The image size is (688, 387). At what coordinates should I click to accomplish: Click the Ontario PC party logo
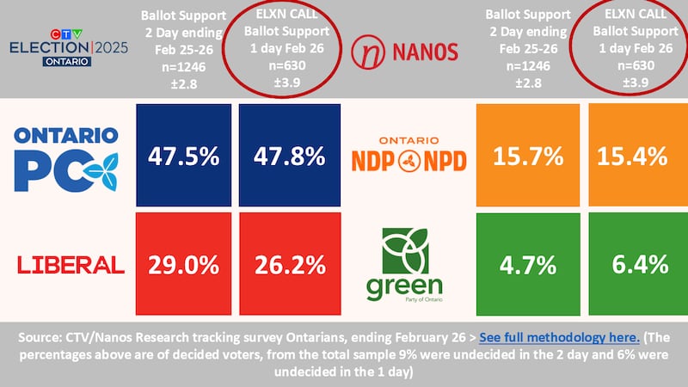pos(67,157)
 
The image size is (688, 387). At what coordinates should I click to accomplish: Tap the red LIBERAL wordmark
pos(67,264)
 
